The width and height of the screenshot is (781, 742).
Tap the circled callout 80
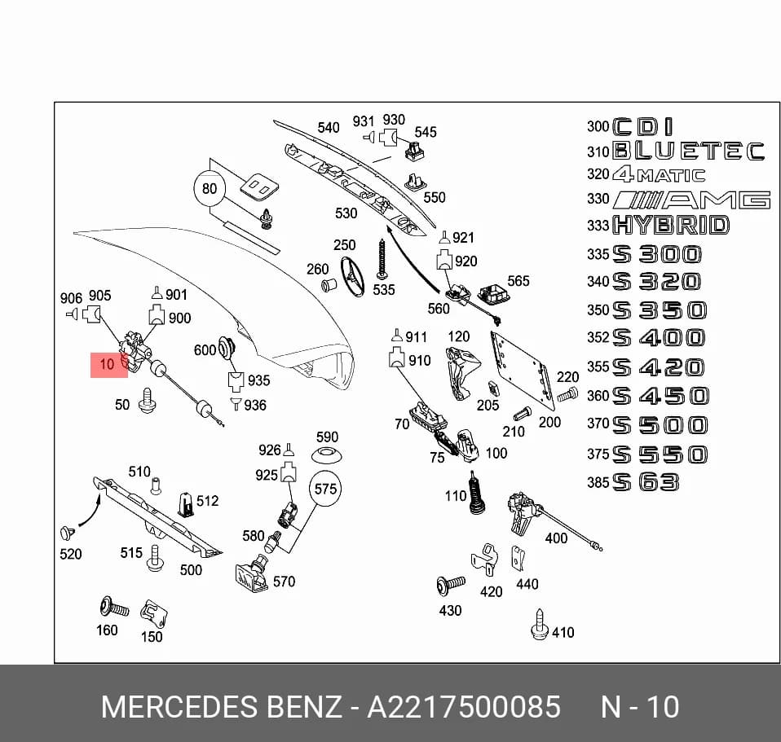tap(210, 189)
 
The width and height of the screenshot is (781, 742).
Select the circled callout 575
tap(326, 489)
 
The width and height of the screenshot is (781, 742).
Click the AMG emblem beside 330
tap(692, 200)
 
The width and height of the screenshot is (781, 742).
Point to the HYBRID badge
tap(671, 225)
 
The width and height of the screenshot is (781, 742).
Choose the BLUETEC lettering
tap(688, 151)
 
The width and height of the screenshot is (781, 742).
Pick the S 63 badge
tap(646, 482)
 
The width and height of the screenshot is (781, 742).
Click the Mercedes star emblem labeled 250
tap(352, 276)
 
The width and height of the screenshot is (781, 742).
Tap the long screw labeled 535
tap(382, 259)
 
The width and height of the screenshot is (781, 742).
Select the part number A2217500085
tap(464, 707)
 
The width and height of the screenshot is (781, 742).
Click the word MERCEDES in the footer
tap(180, 707)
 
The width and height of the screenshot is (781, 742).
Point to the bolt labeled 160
tap(114, 607)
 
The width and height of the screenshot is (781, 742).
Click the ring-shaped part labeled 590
tap(326, 454)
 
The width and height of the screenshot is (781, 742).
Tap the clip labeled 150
tap(154, 615)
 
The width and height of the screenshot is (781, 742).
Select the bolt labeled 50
tap(147, 401)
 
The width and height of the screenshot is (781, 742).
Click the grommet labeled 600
tap(227, 349)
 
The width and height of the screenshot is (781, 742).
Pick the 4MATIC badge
tap(659, 174)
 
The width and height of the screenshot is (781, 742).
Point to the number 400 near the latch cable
tap(556, 538)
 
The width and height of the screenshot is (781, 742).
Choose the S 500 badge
tap(660, 425)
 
